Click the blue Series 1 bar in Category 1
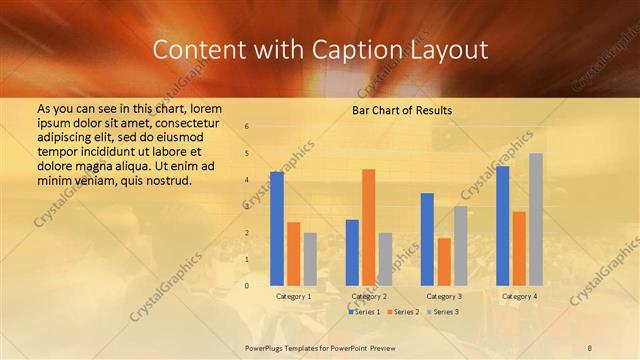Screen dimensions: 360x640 point(277,229)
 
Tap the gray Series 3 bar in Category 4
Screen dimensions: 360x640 point(536,219)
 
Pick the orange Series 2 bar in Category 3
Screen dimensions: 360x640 point(443,262)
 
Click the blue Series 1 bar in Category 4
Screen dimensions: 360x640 point(502,226)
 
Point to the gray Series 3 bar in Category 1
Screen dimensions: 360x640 point(310,259)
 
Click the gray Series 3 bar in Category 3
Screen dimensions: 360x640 point(460,246)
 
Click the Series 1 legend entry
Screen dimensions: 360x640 point(364,312)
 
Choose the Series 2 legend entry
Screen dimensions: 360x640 point(403,312)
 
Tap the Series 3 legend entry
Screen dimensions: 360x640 point(443,312)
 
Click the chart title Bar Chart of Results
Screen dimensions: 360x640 point(402,110)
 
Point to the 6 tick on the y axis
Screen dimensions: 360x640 point(247,127)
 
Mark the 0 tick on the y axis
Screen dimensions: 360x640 point(247,286)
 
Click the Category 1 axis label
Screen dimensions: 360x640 point(293,297)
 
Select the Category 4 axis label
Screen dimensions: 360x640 point(518,297)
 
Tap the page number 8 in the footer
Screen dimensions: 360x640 point(590,345)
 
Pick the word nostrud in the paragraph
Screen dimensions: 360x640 point(161,180)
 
